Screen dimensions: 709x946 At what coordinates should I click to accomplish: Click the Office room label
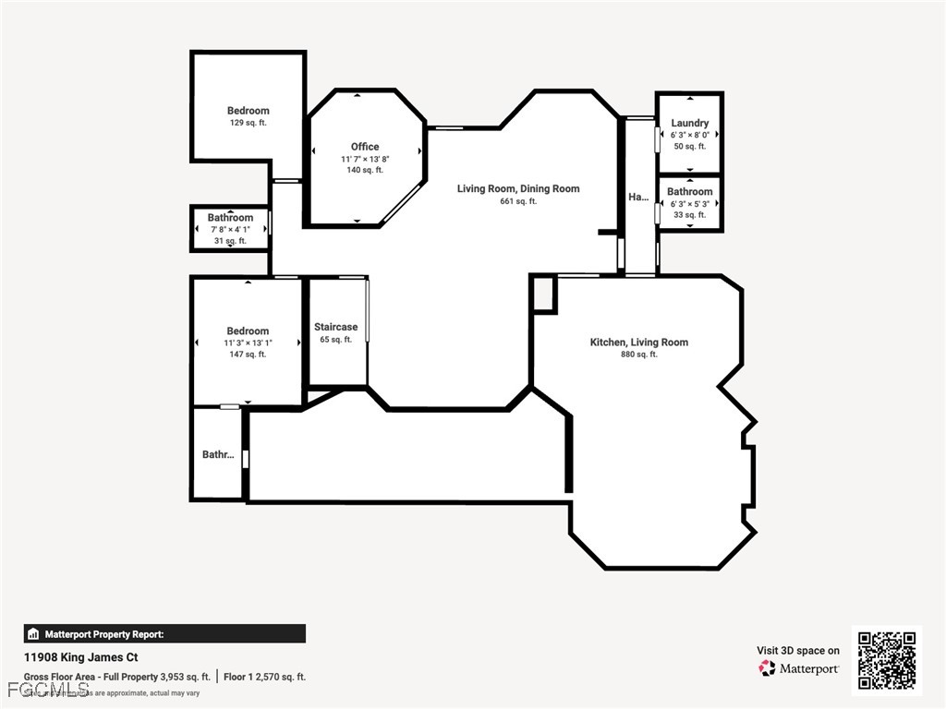tap(365, 147)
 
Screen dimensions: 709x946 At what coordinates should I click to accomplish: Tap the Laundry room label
tap(690, 123)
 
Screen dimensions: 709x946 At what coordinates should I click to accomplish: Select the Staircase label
tap(335, 327)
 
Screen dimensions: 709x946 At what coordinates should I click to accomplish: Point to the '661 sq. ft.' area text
tap(518, 201)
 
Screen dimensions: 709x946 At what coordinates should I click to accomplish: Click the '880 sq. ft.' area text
tap(639, 354)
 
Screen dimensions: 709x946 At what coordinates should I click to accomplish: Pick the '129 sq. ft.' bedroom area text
tap(248, 123)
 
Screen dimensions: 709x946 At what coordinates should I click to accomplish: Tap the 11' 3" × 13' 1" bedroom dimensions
tap(248, 342)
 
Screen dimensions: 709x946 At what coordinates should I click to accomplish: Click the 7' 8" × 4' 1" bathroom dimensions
tap(230, 229)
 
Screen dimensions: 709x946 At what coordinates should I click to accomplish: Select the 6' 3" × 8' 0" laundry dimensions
tap(690, 135)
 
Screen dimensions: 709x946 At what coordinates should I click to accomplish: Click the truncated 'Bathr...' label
tap(218, 454)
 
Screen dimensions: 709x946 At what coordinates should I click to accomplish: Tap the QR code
tap(886, 659)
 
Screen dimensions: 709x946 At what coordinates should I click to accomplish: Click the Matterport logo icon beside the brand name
tap(767, 667)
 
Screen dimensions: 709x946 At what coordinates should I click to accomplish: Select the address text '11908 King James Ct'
tap(80, 658)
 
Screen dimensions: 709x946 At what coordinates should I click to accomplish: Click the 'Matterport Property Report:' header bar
tap(164, 634)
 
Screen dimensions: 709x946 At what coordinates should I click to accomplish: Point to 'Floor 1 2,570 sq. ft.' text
tap(264, 677)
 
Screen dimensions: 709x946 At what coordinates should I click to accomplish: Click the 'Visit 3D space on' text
tap(798, 651)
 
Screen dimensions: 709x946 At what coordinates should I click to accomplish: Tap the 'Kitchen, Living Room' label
tap(639, 342)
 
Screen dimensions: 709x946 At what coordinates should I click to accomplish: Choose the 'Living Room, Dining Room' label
tap(518, 188)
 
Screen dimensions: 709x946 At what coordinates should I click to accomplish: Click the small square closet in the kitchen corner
tap(544, 294)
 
